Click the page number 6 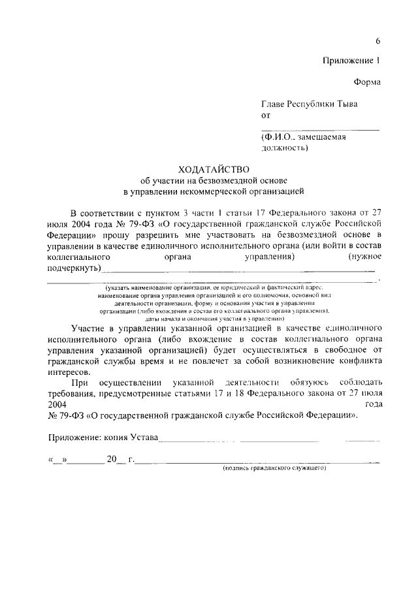point(378,42)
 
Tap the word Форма point(367,82)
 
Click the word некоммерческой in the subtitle point(219,192)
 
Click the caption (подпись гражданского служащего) point(274,468)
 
